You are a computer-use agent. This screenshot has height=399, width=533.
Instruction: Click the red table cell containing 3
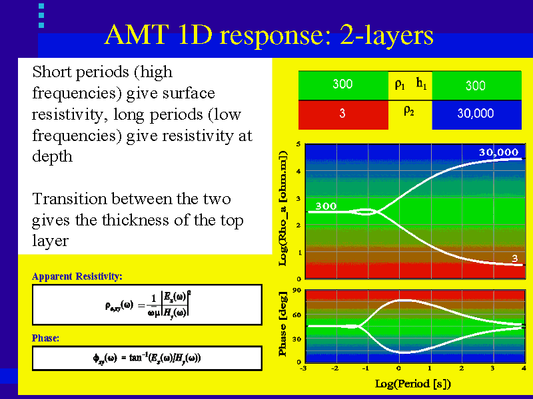[342, 114]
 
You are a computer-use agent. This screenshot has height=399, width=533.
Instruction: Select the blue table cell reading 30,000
[476, 114]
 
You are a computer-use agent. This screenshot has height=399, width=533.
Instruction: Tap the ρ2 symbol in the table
[409, 111]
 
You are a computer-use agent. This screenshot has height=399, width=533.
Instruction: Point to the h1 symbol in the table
[421, 84]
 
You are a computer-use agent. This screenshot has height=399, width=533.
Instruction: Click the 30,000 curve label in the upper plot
[498, 152]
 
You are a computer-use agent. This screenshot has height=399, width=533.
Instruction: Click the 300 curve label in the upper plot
[326, 205]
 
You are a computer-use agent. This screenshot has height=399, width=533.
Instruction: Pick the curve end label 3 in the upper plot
[516, 258]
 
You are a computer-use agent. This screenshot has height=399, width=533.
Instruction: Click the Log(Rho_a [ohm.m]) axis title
[282, 209]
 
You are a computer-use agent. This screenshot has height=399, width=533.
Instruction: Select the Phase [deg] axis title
[282, 324]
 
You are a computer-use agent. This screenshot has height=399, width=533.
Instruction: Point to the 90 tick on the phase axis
[297, 291]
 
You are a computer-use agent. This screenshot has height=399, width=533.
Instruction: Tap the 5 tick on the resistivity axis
[298, 144]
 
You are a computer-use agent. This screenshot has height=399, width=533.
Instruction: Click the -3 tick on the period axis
[304, 368]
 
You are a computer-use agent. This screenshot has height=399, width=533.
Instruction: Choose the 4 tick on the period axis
[524, 368]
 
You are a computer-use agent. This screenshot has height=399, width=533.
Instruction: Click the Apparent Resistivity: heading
[77, 276]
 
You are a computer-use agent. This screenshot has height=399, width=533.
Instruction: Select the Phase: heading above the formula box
[46, 338]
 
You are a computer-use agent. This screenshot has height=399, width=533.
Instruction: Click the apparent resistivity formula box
[147, 305]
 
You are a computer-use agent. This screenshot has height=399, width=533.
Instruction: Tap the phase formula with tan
[147, 358]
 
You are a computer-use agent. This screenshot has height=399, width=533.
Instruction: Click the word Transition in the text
[64, 199]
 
